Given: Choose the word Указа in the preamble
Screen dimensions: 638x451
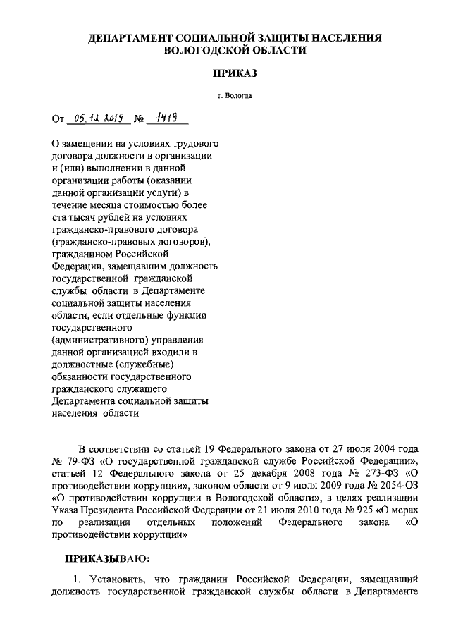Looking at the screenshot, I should click(x=67, y=510).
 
